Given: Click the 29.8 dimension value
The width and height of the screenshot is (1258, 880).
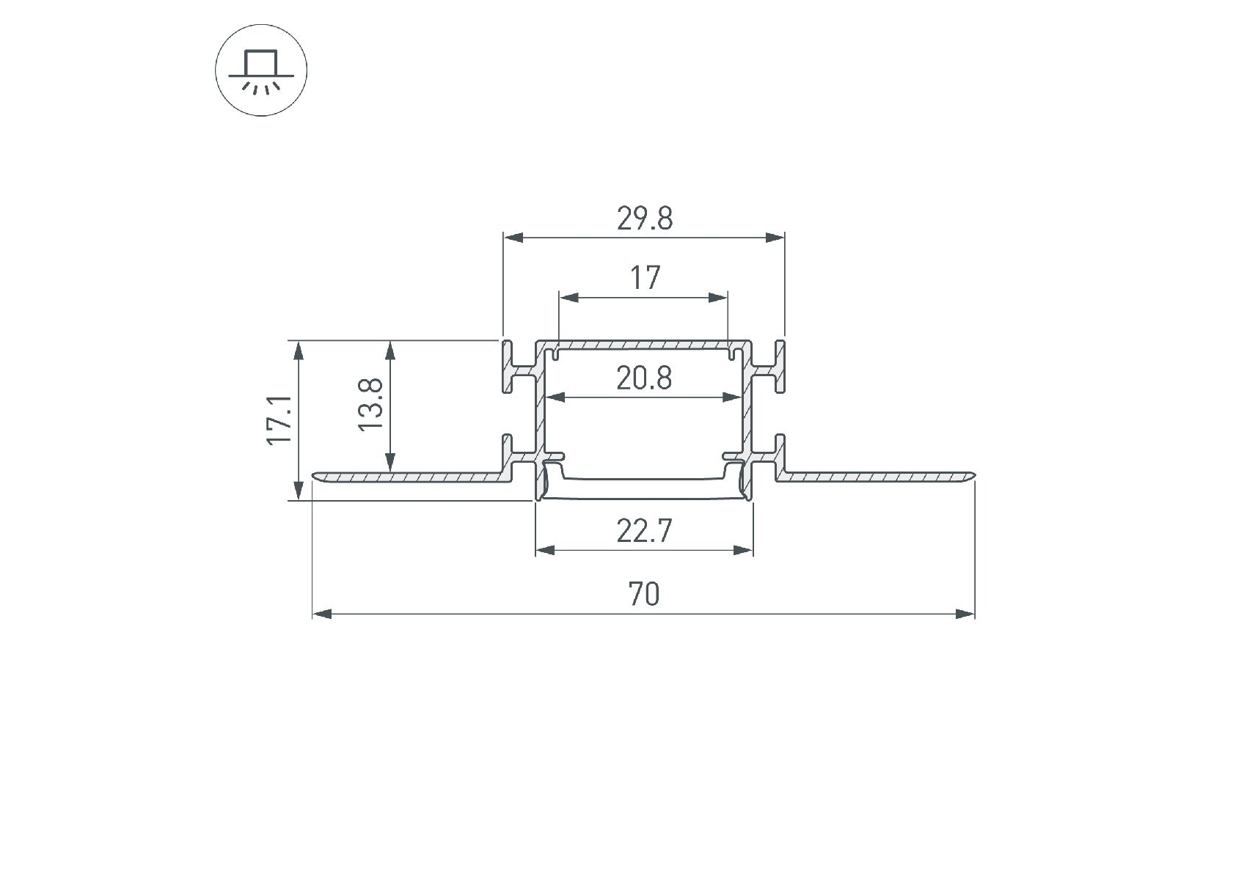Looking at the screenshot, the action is (x=644, y=219).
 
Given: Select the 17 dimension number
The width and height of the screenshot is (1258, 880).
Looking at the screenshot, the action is (x=645, y=278).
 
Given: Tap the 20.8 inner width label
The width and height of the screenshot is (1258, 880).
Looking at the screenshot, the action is (x=644, y=379).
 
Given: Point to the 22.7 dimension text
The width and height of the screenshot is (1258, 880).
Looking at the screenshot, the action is (x=644, y=530).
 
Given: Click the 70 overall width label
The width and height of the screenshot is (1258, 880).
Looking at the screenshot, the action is (x=643, y=594).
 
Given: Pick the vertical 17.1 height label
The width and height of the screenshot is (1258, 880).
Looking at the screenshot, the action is (x=280, y=419).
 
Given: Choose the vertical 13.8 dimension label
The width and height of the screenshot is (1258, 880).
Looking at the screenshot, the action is (x=371, y=404).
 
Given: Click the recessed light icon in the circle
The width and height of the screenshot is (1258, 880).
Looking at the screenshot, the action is (x=261, y=70).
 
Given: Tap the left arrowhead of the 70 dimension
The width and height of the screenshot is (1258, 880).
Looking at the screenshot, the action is (x=323, y=613).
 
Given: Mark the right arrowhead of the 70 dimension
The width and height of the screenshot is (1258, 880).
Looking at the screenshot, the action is (x=965, y=613).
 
